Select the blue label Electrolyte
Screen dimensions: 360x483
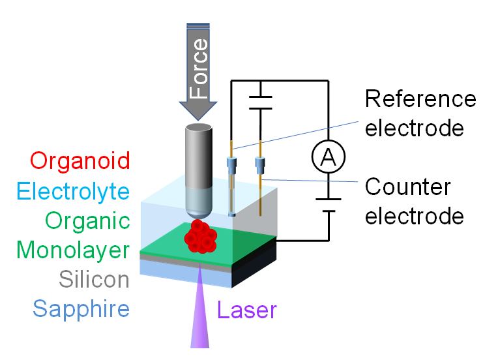click(72, 191)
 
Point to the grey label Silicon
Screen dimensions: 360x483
click(94, 279)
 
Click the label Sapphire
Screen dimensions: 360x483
click(81, 308)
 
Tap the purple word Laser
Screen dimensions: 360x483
click(247, 310)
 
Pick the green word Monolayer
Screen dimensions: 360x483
click(72, 250)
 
